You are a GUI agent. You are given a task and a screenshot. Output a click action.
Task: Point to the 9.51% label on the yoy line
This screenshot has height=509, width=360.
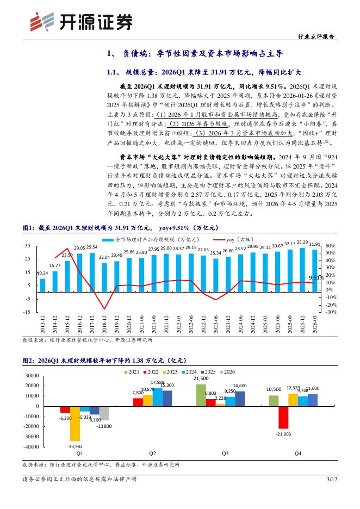[x=317, y=277]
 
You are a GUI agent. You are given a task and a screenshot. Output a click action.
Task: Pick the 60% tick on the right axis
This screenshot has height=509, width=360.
[x=331, y=246]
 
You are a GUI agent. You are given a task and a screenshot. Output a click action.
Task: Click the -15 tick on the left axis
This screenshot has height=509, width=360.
[x=27, y=312]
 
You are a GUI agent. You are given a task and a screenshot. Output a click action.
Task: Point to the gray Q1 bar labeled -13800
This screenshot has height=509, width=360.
[x=104, y=413]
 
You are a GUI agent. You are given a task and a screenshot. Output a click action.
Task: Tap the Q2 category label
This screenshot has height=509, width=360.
[x=153, y=452]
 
